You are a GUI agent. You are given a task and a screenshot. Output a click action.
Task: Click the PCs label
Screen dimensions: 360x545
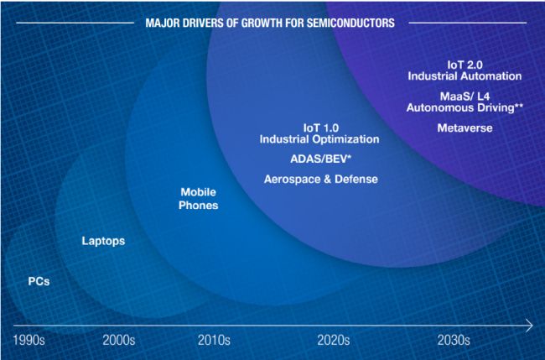(39, 281)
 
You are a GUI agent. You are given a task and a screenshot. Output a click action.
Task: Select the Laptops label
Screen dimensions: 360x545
(103, 241)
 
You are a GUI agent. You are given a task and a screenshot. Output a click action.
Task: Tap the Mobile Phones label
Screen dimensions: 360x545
(199, 199)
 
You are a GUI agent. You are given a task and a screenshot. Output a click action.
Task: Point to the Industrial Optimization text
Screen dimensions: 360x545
(319, 138)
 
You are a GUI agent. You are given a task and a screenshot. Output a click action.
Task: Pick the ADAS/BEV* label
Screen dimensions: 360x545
(319, 158)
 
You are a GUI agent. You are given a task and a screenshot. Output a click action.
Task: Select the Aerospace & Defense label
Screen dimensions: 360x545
(320, 179)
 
